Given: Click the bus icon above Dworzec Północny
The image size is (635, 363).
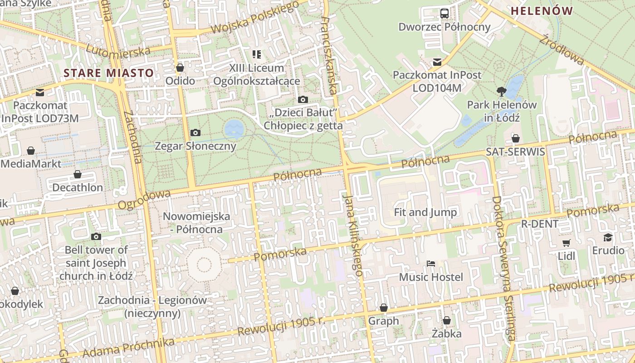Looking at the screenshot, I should coord(444,14).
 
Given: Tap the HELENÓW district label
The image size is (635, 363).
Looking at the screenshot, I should coord(542,11).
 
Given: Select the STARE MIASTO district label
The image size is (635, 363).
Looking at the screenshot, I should coord(109,73).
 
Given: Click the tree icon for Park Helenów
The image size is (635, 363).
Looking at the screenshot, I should coord(501,91).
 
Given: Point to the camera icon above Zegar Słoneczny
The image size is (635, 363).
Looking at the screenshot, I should coord(195,132).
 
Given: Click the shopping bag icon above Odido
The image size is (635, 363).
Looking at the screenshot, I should coord(180,68).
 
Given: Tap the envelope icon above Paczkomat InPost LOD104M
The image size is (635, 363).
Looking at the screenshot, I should coord(437,62).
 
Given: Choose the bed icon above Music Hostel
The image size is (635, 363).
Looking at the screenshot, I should coord(430,264).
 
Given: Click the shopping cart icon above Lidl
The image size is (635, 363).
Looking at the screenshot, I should coord(566,243).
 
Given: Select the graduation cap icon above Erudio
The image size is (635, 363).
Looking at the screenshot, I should coord(608,237).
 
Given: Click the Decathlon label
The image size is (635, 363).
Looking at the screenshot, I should coord(78,187).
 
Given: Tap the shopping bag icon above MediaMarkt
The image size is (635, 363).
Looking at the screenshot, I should coord(31,150).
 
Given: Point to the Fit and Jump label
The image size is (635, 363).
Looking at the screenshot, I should coord(425,212).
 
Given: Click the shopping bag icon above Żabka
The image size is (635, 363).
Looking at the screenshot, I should coord(447,320).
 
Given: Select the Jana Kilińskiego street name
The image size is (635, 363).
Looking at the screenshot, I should coord(353,235).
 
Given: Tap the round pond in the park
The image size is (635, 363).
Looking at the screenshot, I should coord(234,129).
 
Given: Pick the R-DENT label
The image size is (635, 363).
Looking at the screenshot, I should coord(540,224).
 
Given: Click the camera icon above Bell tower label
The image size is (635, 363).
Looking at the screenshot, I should coord(96,236).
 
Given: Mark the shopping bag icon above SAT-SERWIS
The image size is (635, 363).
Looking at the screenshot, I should coord(515,138).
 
